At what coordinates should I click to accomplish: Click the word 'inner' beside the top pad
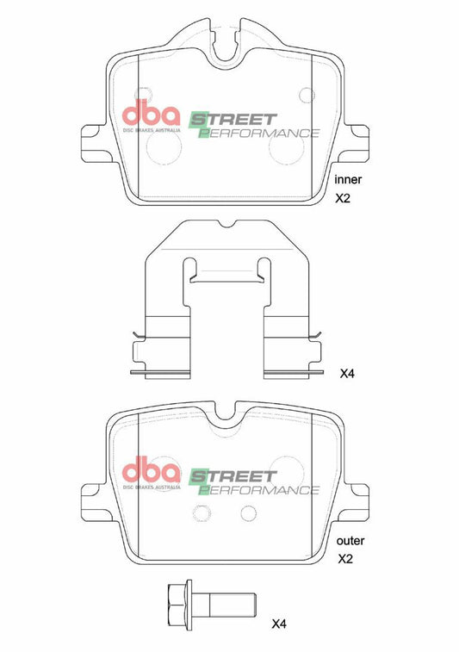click(348, 180)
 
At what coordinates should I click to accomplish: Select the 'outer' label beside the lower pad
click(350, 541)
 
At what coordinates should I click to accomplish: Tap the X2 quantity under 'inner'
click(343, 198)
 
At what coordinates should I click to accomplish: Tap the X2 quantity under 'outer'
click(345, 559)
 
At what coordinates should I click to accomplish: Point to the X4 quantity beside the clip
click(347, 374)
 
